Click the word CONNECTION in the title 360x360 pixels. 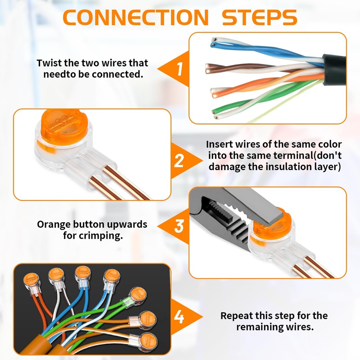pyautogui.click(x=135, y=18)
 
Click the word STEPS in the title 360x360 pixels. pyautogui.click(x=260, y=18)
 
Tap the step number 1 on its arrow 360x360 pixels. pyautogui.click(x=180, y=69)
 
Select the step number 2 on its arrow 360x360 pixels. pyautogui.click(x=179, y=161)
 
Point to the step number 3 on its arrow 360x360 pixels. pyautogui.click(x=179, y=226)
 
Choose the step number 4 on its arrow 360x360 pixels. pyautogui.click(x=179, y=317)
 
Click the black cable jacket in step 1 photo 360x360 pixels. pyautogui.click(x=334, y=70)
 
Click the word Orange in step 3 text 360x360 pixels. pyautogui.click(x=54, y=225)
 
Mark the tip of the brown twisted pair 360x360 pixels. pyautogui.click(x=207, y=69)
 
